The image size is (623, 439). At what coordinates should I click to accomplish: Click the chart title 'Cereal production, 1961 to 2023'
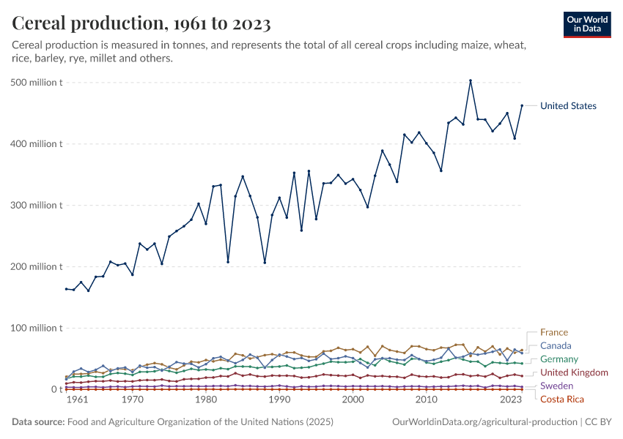click(141, 24)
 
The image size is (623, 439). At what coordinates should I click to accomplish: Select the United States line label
click(568, 106)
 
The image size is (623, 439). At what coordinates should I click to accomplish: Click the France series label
click(553, 332)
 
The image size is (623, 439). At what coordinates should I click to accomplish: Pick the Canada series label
click(556, 345)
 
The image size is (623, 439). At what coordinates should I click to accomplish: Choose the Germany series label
click(559, 359)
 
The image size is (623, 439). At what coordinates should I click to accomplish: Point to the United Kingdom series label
click(574, 372)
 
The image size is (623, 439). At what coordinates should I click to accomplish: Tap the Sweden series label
click(556, 386)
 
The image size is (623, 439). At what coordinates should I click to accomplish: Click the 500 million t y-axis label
click(39, 82)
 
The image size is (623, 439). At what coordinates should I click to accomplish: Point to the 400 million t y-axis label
click(39, 143)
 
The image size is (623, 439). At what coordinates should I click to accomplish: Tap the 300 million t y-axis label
click(39, 205)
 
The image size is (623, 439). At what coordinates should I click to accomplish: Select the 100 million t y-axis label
click(39, 328)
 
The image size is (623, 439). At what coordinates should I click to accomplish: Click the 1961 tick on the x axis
click(78, 401)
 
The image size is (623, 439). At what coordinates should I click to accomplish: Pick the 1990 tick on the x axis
click(279, 401)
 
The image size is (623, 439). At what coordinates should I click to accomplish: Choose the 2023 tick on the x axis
click(511, 401)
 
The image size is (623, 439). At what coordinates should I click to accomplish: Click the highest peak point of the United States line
click(471, 80)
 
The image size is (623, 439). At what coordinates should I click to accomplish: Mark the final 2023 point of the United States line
click(522, 105)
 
